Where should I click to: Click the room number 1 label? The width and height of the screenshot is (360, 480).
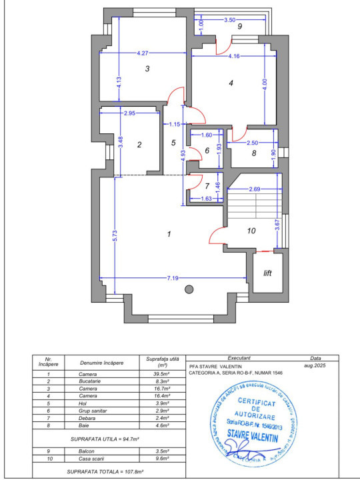pos(169,234)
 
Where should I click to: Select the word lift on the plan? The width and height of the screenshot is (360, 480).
pos(268,273)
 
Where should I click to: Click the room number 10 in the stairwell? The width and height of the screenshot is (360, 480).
pos(251,231)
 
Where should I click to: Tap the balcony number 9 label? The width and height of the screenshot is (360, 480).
pos(239,25)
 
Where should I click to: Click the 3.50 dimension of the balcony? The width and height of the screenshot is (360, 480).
pos(229,20)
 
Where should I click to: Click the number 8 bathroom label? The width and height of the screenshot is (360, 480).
pos(254,153)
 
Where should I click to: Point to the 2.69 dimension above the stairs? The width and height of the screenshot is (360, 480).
pos(254,190)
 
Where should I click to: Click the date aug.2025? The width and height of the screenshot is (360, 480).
pos(312,366)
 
